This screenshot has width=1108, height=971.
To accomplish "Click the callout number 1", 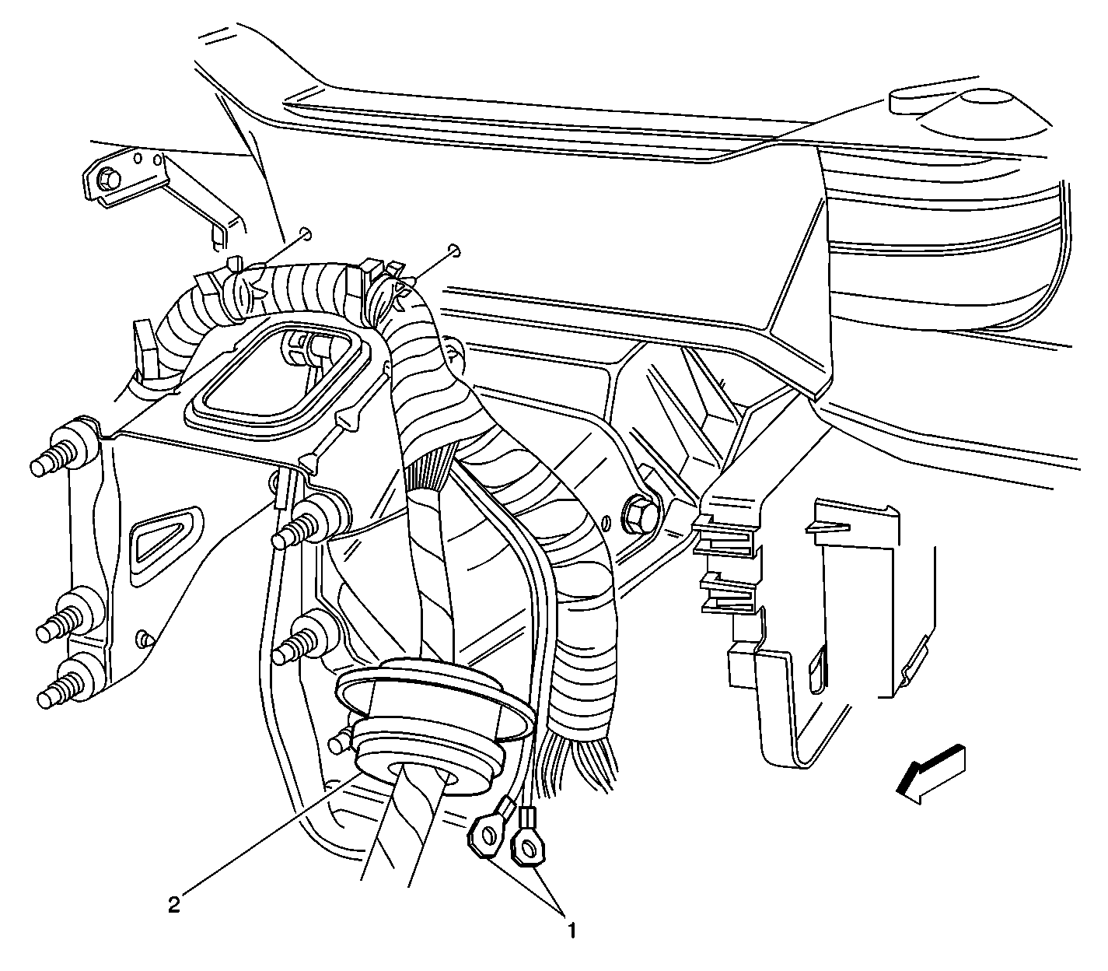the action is (x=571, y=930).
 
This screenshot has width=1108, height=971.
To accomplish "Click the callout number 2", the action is (x=173, y=904).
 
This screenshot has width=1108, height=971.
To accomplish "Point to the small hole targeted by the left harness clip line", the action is (x=306, y=233).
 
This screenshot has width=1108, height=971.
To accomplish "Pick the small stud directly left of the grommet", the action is (x=342, y=739).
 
